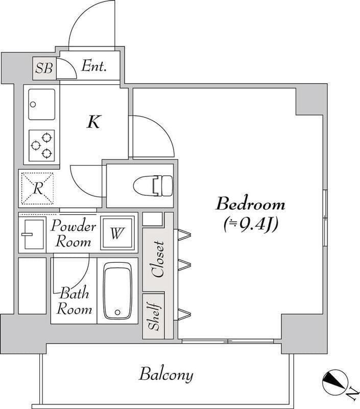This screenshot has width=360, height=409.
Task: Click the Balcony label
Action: (166, 375)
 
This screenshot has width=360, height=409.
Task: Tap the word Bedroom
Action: (250, 204)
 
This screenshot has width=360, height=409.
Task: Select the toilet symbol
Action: (153, 186)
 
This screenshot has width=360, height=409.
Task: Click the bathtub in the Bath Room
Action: (118, 290)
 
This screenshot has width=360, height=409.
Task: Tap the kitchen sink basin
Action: (42, 104)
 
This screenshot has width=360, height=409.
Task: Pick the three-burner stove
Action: (42, 146)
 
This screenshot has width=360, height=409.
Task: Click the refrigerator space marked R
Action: (38, 188)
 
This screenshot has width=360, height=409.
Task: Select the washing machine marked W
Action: (117, 233)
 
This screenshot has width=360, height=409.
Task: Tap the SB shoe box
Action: (44, 69)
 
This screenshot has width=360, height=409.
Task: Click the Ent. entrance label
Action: (94, 66)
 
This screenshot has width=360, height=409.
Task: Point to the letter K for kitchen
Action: (94, 122)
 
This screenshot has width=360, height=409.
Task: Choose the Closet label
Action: (158, 259)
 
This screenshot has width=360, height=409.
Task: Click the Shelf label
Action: (154, 316)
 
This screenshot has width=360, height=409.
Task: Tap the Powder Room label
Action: (74, 234)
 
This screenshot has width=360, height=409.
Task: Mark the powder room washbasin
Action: (34, 234)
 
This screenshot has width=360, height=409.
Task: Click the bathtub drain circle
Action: (118, 312)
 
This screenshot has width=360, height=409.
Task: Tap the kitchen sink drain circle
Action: (33, 105)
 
